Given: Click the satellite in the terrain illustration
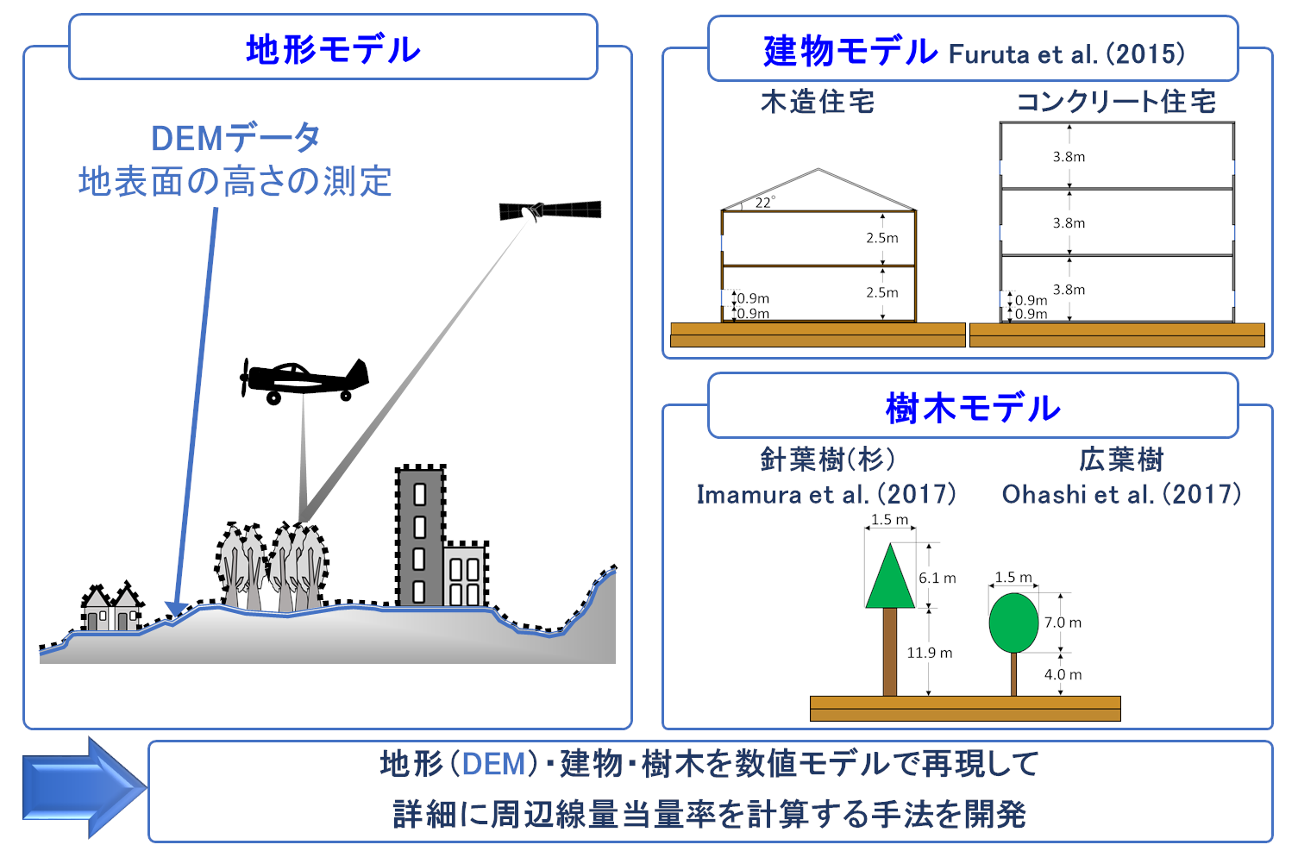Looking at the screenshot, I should pos(549,210).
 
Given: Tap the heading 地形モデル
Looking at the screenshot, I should pos(333,49).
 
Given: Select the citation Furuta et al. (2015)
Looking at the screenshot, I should pos(1067,54).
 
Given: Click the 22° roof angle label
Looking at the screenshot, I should pos(764,203).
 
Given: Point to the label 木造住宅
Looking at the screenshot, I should pos(818,102).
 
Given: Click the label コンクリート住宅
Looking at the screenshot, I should pos(1116,102).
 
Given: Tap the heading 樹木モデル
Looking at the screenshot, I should pos(973,407).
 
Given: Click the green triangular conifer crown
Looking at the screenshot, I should pos(889,578).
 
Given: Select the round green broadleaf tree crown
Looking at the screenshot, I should pos(1013,623).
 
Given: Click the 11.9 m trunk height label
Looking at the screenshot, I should pos(929,653).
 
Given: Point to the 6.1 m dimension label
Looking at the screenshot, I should pos(937,578).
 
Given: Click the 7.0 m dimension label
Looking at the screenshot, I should pos(1063,623).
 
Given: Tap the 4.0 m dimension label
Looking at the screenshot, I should pos(1063,674).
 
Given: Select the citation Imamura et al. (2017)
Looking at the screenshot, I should pos(826,494).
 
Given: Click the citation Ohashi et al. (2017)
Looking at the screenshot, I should pos(1121,494).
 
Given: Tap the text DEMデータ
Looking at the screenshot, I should pos(235,138).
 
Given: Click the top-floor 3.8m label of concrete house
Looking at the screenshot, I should pos(1069,157).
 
